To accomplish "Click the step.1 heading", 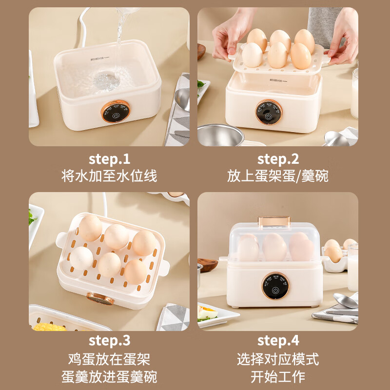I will point(109,159).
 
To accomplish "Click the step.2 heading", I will point(278,159).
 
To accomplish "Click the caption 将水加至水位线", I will point(109,176).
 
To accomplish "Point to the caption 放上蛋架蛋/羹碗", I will point(278,176).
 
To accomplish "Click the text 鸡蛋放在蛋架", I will point(109,360).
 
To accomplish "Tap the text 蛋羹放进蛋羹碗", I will point(109,376).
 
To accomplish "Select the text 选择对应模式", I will point(278,360).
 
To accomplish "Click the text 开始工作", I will point(278,376).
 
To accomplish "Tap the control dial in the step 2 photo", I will point(268,113).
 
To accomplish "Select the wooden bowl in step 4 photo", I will point(207,266).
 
